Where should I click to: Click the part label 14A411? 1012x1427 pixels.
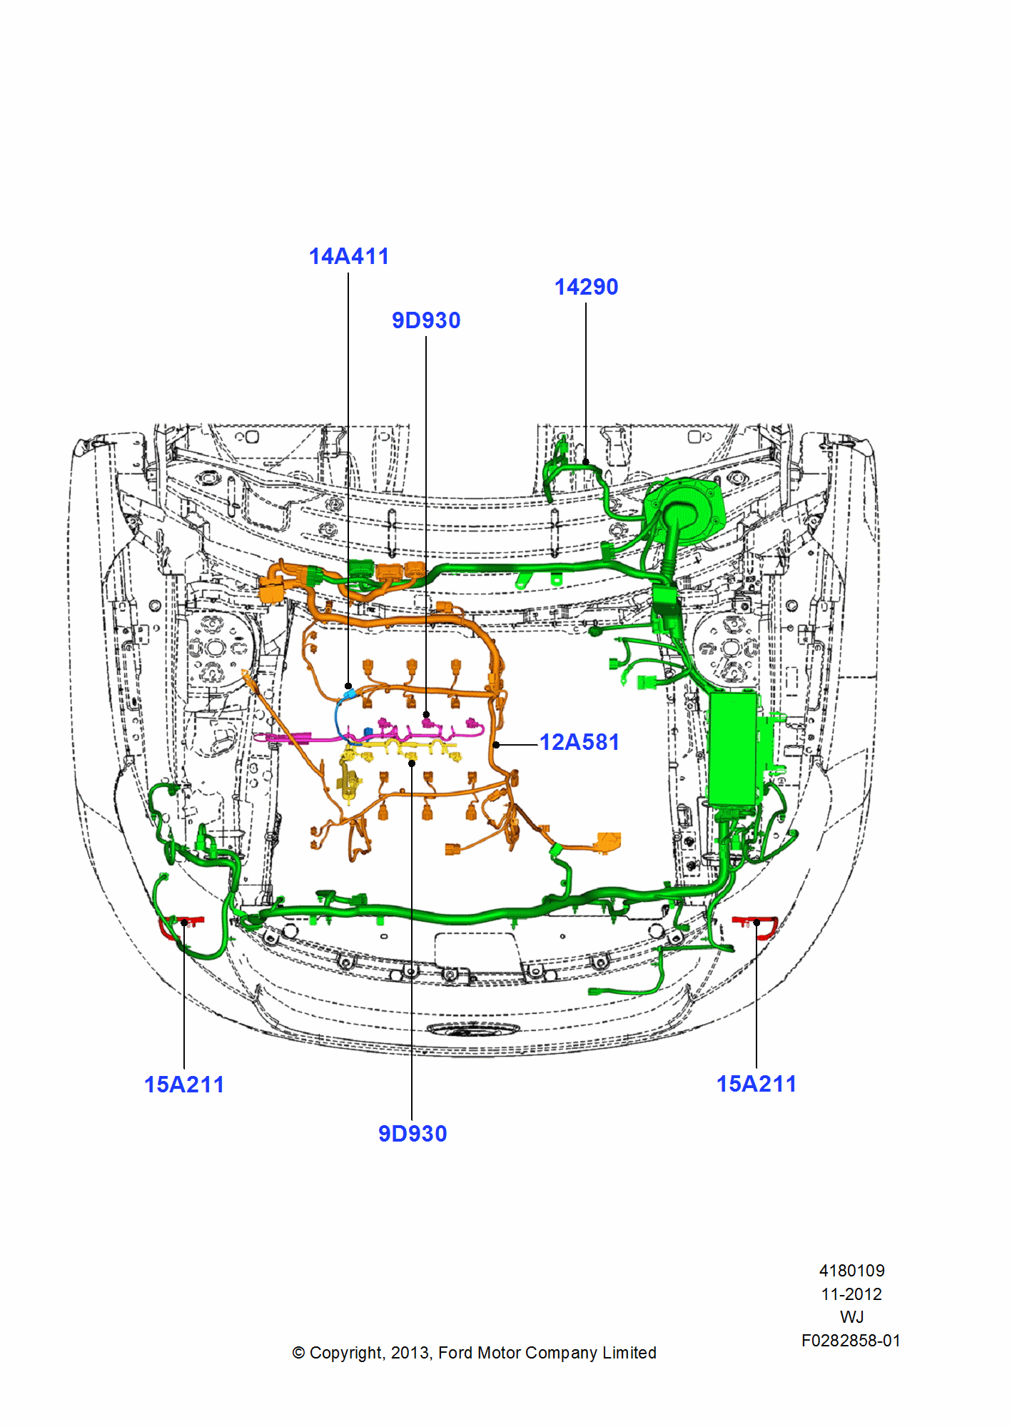tap(349, 256)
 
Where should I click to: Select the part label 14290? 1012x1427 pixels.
tap(586, 287)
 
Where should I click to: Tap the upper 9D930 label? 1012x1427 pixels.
tap(426, 320)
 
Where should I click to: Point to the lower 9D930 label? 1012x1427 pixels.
tap(413, 1133)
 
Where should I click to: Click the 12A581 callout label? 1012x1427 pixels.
tap(579, 742)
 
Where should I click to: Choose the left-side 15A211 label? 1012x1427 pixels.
tap(184, 1085)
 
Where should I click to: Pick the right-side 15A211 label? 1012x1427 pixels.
tap(756, 1084)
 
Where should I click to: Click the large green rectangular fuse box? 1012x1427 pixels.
tap(733, 749)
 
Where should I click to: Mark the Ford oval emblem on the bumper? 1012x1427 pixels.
tap(473, 1030)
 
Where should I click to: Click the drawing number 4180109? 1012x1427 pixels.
tap(851, 1271)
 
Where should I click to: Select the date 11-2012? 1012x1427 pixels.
tap(851, 1294)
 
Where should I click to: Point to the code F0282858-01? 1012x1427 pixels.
tap(851, 1341)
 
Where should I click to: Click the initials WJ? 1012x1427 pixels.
tap(851, 1317)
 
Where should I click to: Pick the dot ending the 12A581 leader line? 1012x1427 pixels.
tap(496, 745)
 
